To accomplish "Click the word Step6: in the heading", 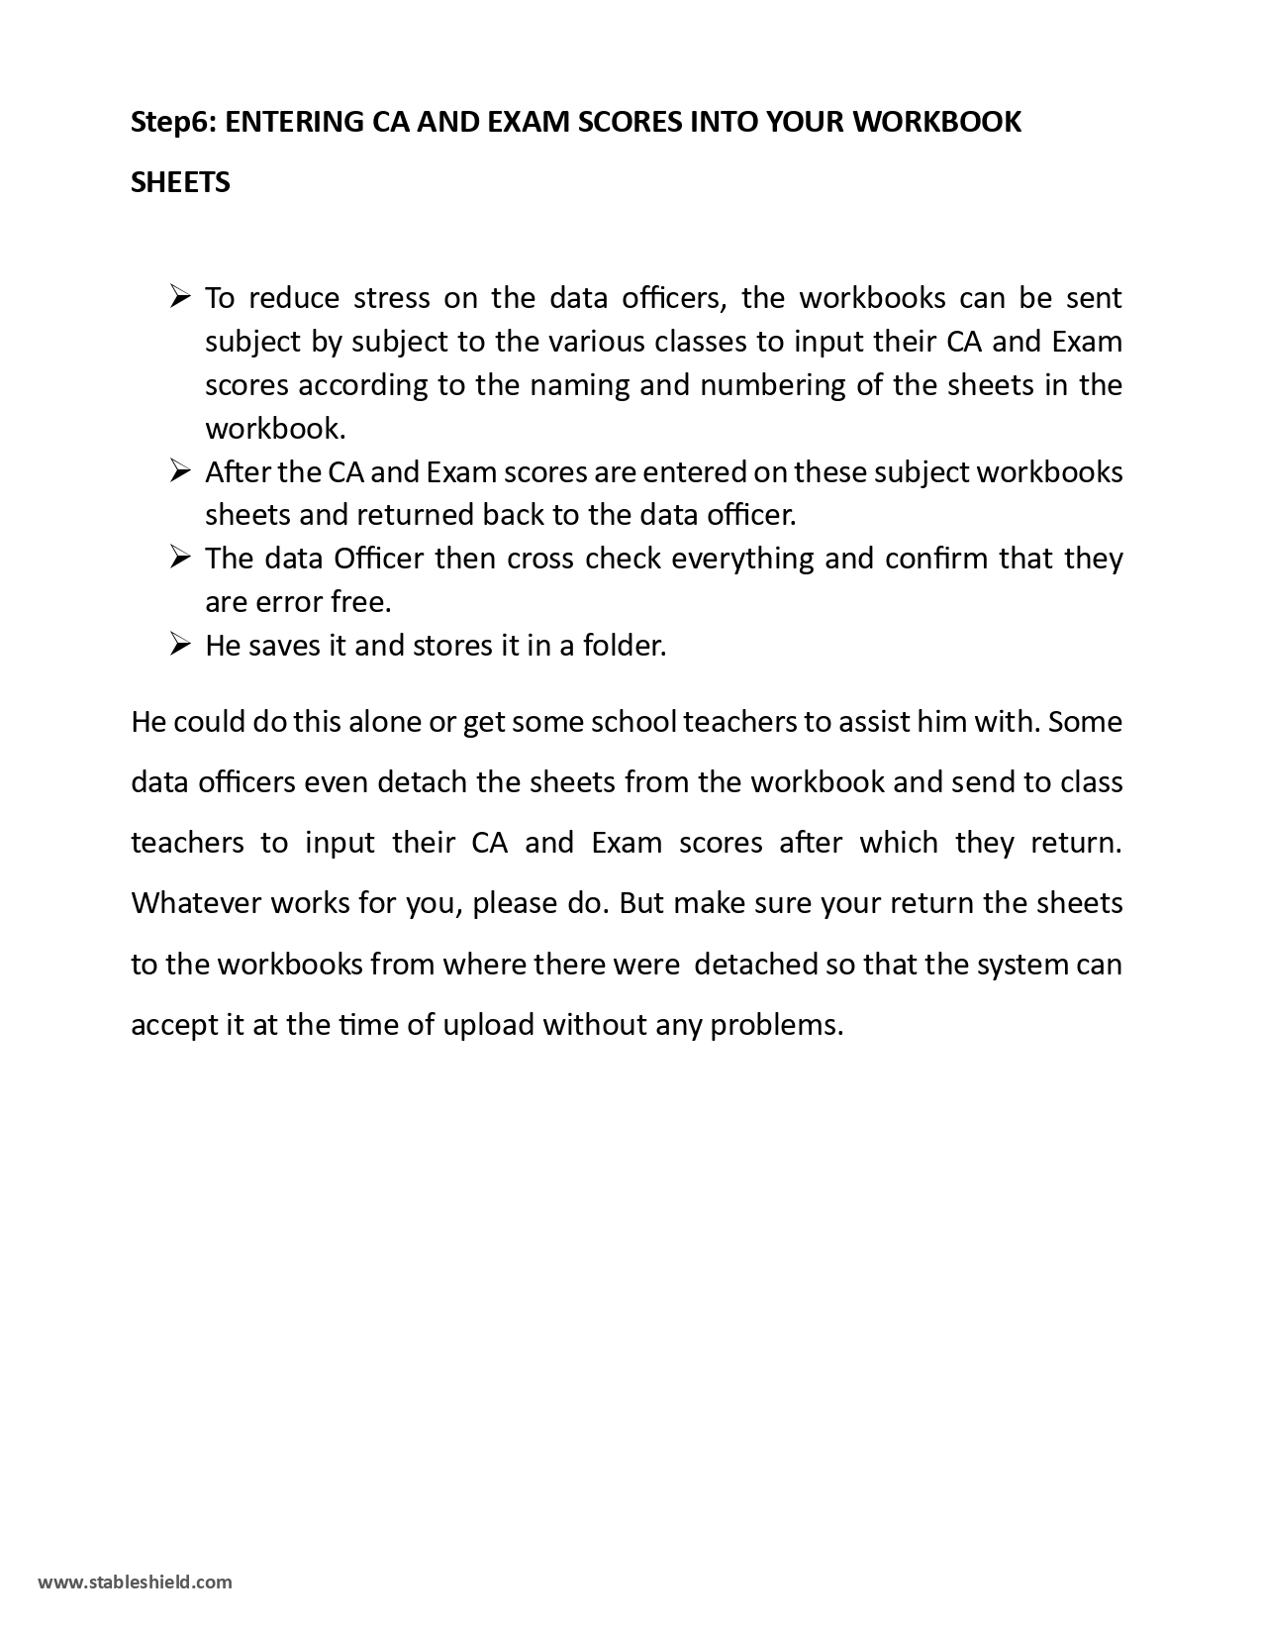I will coord(174,122).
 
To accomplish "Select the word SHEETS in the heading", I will coord(180,182).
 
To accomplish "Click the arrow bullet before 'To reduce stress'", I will coord(179,295).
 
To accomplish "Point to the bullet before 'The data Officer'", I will coord(179,557).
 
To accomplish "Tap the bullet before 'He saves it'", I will coord(179,644).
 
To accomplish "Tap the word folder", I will coord(625,646).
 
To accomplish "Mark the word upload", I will coord(488,1024).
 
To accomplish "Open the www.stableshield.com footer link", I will coord(135,1582).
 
